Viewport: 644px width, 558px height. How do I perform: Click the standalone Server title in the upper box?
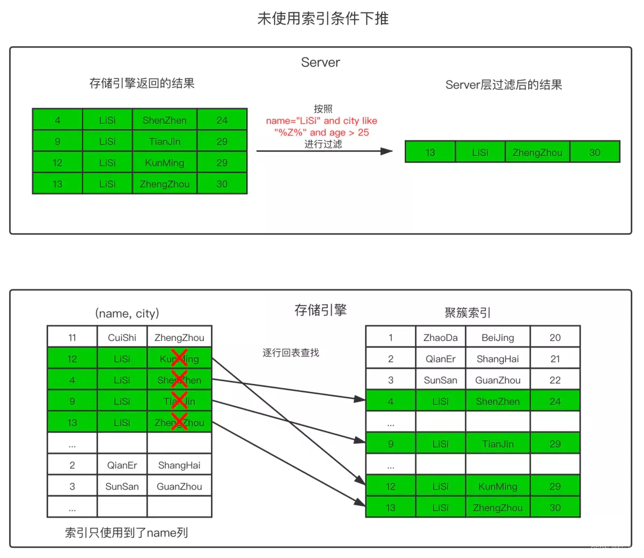pos(320,62)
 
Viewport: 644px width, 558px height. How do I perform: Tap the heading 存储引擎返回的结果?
pos(142,83)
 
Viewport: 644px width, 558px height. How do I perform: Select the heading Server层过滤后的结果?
pos(503,85)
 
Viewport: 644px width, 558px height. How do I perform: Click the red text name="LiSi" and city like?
pos(321,121)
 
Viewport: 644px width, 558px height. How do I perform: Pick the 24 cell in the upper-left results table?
pos(222,120)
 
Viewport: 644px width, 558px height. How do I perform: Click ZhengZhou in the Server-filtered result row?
pos(537,152)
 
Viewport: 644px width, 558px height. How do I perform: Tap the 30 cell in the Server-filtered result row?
pos(595,152)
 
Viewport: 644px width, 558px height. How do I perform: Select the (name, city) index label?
pos(127,314)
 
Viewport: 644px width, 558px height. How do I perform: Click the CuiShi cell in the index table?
pos(122,338)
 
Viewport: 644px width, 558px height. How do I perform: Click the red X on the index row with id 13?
pos(179,422)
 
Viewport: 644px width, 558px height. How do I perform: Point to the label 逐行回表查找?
pos(290,353)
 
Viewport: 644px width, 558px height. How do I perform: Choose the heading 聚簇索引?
pos(467,313)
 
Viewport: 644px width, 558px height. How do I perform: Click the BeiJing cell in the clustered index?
pos(497,338)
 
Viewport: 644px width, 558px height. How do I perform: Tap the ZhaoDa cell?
pos(440,338)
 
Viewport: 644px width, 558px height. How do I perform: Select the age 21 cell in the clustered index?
pos(555,359)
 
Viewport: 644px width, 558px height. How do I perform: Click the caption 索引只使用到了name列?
pos(126,532)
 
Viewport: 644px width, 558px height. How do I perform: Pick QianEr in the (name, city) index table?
pos(122,465)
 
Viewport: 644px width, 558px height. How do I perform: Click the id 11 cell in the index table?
pos(72,338)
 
